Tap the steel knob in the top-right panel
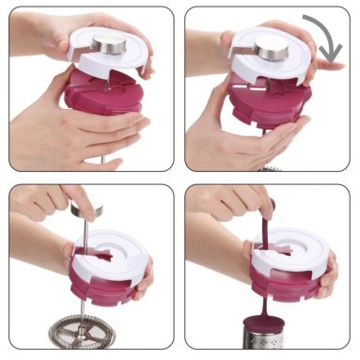272,49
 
